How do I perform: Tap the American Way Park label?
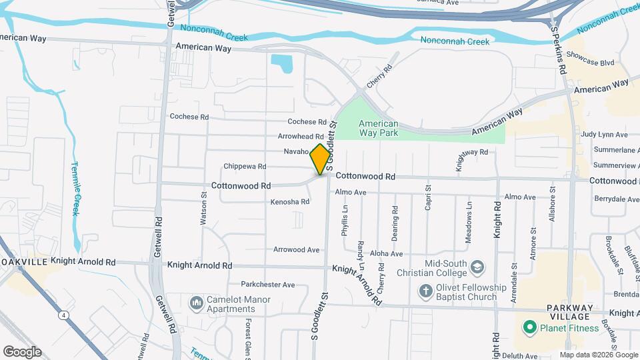coord(378,129)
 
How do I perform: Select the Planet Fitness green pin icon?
coord(529,327)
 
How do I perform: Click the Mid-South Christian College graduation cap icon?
coord(477,268)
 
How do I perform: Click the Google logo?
coord(22,351)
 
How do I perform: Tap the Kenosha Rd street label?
coord(290,201)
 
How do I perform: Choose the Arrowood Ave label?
coord(296,249)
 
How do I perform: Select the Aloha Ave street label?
coord(387,253)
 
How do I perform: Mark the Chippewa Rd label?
coord(245,166)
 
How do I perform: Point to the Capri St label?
coord(429,198)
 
